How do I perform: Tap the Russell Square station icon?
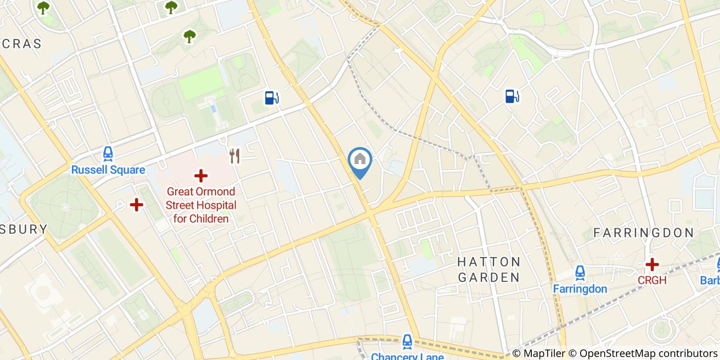[x=108, y=154]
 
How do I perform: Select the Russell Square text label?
[x=108, y=170]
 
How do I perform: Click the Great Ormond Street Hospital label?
[x=201, y=206]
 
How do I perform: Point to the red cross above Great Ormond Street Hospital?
[x=201, y=176]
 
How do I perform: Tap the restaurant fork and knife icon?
[x=235, y=156]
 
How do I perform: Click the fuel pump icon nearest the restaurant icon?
[x=272, y=97]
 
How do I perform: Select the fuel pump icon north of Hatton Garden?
[x=512, y=96]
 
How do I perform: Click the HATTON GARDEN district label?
[x=489, y=269]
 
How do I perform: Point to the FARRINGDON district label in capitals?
[x=643, y=233]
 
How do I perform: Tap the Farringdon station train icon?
[x=580, y=273]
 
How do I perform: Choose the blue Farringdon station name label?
[x=580, y=289]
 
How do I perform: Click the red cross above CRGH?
[x=652, y=265]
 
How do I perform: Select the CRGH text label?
[x=652, y=280]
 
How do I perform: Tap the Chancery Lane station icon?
[x=407, y=341]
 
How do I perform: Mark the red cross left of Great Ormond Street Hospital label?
[x=136, y=205]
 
